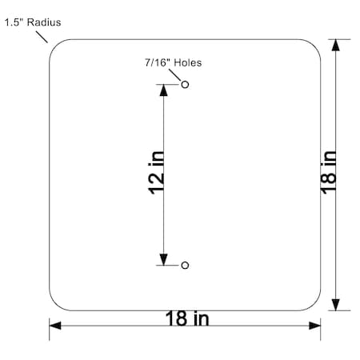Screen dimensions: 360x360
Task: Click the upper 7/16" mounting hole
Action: [x=186, y=84]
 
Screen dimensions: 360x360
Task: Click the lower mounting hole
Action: [x=186, y=265]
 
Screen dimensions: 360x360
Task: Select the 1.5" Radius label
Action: [x=32, y=22]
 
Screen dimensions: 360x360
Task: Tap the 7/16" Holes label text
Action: [x=172, y=62]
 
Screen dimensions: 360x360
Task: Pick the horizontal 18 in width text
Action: [x=187, y=318]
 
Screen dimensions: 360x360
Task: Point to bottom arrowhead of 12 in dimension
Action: [x=164, y=259]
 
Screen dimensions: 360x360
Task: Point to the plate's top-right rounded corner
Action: [x=314, y=46]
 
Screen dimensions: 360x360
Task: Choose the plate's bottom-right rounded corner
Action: [x=314, y=304]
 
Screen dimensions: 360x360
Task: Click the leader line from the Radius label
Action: [x=43, y=34]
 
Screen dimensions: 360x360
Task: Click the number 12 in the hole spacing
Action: [x=158, y=183]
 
